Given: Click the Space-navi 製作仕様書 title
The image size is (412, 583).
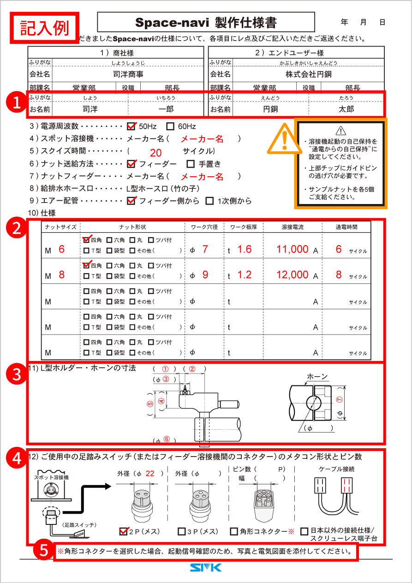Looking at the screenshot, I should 206,23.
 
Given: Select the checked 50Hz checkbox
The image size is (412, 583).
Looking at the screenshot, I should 131,126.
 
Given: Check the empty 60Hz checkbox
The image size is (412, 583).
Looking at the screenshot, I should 170,126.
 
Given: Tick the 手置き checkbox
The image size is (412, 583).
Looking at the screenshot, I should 191,164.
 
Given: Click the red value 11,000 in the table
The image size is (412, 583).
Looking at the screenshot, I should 293,249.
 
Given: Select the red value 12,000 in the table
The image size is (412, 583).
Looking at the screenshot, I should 293,275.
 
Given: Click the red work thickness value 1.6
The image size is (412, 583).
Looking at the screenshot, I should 245,249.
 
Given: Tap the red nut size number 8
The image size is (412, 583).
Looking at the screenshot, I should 62,275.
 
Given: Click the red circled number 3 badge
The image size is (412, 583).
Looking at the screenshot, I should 18,374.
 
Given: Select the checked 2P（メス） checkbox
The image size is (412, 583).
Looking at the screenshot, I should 123,531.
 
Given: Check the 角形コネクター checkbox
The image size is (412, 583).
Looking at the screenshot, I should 234,532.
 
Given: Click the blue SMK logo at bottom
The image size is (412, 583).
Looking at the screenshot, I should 206,568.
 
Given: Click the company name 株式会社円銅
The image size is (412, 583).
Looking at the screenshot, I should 308,74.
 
